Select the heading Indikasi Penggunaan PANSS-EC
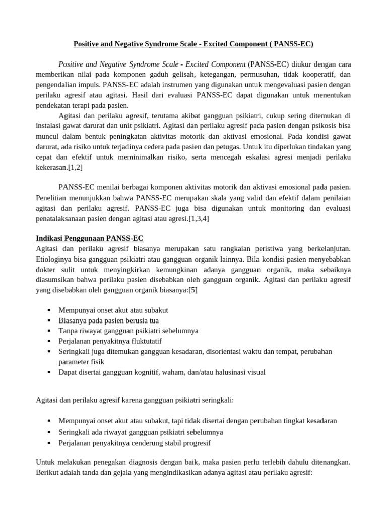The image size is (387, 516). (90, 238)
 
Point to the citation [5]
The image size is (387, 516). (192, 290)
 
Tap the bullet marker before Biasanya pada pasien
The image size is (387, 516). (49, 320)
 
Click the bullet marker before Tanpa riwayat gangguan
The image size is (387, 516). (49, 331)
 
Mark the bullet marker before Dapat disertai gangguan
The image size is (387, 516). (49, 372)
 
